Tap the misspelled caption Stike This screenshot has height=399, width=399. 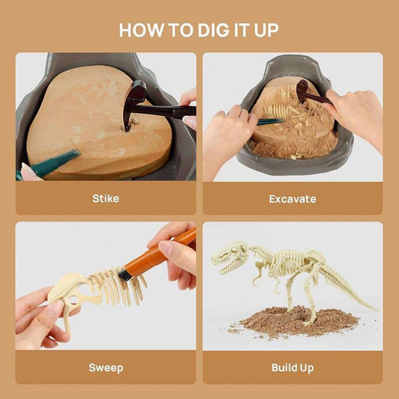[x=106, y=198]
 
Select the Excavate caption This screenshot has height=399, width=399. [x=292, y=199]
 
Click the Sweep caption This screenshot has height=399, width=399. [x=106, y=367]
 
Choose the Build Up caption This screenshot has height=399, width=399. [x=292, y=367]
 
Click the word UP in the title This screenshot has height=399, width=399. [x=265, y=30]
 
